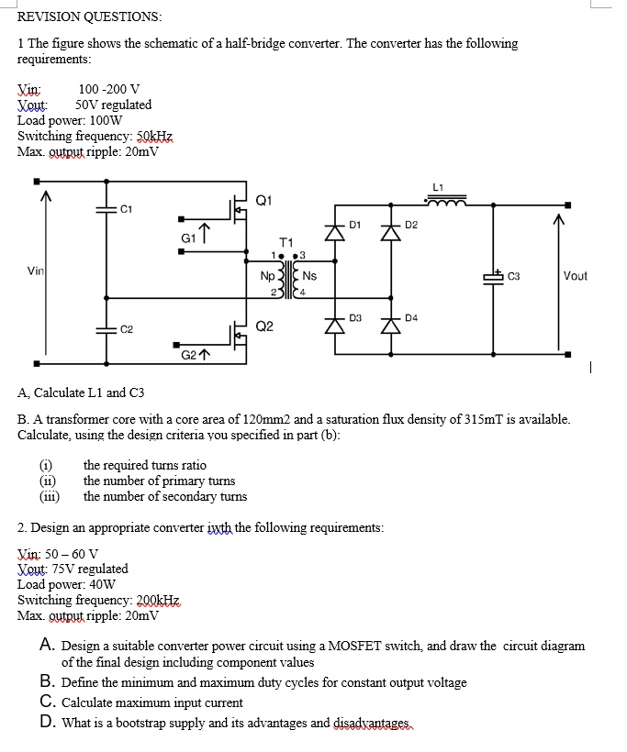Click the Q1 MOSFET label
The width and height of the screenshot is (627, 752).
point(264,200)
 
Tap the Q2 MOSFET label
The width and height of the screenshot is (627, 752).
point(264,326)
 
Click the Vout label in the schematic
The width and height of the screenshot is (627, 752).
point(576,276)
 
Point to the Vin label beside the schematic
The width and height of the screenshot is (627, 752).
point(36,271)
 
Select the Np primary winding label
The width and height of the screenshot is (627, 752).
point(267,275)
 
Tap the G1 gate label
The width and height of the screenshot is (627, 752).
point(188,237)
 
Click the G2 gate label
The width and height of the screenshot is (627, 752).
point(188,353)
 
